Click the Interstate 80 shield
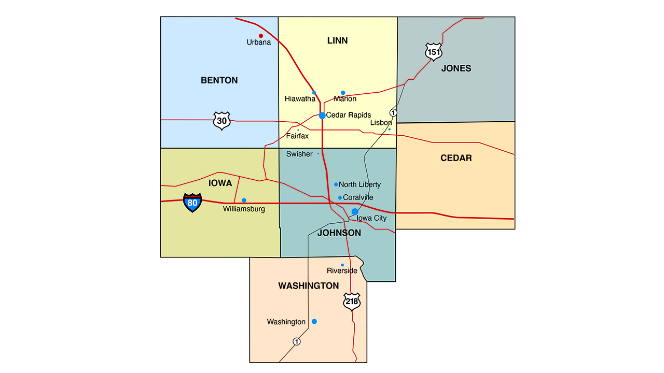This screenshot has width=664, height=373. tap(192, 203)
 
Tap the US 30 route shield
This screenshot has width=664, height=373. tap(222, 121)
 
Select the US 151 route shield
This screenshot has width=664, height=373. tap(434, 52)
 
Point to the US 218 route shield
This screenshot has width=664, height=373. tap(352, 302)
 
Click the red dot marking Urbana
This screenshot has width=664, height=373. tap(261, 36)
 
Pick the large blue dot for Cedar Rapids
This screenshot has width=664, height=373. tap(322, 116)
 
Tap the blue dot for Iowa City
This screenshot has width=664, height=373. tap(355, 211)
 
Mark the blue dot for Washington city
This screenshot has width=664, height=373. tap(314, 321)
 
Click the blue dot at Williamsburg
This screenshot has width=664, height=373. tap(244, 200)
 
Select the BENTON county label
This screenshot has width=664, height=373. tap(219, 80)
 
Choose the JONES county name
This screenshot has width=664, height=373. tap(456, 68)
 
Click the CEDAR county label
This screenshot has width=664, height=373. tap(456, 158)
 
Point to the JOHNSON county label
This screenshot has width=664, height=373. tap(339, 233)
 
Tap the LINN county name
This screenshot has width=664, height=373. tap(337, 40)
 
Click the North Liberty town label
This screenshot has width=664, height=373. tap(359, 184)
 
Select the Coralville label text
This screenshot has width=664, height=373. tap(358, 197)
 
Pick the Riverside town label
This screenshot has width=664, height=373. tap(342, 271)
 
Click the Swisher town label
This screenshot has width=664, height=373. tap(299, 154)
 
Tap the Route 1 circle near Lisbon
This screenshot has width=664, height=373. tap(394, 112)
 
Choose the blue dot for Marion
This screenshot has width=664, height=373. tap(343, 93)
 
